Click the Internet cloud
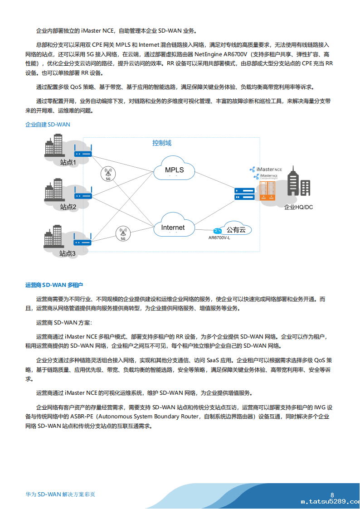point(173,227)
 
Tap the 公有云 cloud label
point(236,230)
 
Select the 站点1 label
point(68,162)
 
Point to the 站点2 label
point(68,207)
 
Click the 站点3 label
point(68,253)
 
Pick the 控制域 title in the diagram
point(162,143)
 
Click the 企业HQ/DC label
point(298,207)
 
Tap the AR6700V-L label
point(219,238)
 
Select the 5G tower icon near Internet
point(123,233)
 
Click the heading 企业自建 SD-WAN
point(48,124)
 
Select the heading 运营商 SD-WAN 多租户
point(54,285)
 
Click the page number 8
point(332,495)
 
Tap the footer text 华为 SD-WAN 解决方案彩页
point(60,494)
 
